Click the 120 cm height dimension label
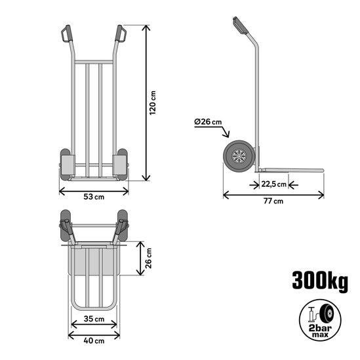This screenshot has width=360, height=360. point(153,103)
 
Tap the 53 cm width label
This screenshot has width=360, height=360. point(94,197)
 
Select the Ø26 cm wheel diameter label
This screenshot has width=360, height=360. point(209,121)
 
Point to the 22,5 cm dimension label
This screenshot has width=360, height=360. point(273,184)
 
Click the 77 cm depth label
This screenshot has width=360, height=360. point(273,201)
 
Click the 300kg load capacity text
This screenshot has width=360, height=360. point(320,281)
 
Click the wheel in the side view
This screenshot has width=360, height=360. point(237,158)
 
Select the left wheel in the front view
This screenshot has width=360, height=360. point(66,165)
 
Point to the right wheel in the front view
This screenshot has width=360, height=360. point(121,165)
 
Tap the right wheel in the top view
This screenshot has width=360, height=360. point(122,224)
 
